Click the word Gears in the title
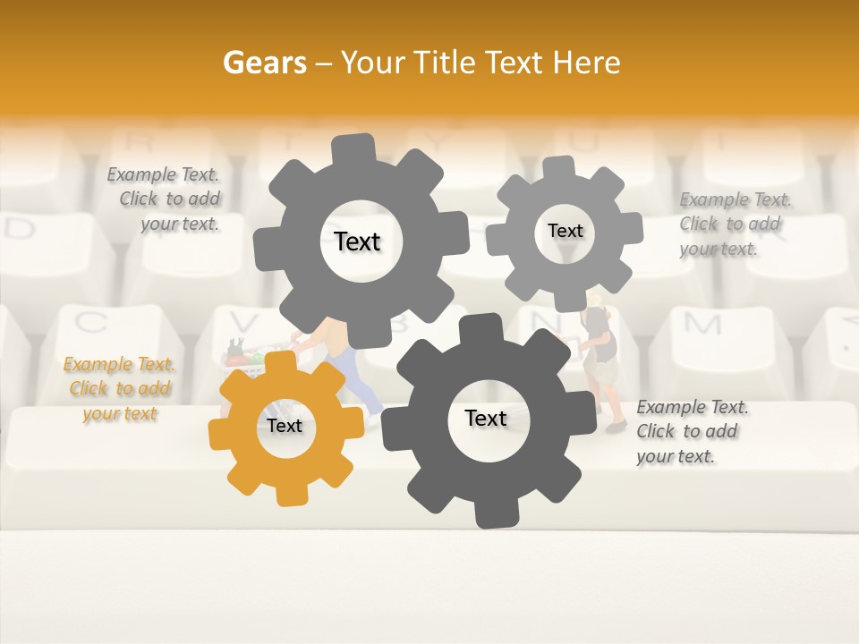(264, 63)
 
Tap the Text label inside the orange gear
(285, 426)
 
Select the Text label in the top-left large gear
(357, 241)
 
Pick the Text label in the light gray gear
(565, 231)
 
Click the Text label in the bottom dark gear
(486, 418)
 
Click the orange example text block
(119, 389)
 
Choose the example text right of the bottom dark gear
(691, 431)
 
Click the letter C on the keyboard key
(90, 321)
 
